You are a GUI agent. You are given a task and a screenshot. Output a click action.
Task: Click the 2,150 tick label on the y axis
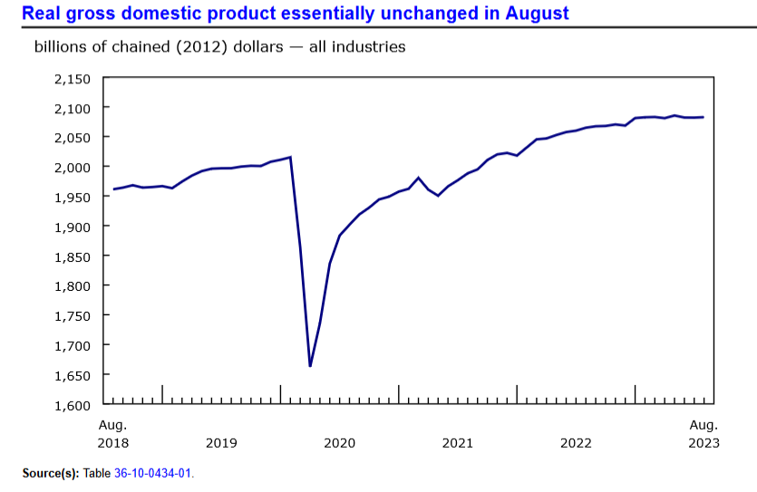coord(73,79)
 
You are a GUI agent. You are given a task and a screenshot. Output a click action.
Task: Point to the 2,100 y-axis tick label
coord(73,108)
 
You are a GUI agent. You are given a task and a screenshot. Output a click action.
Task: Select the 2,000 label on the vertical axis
coord(73,168)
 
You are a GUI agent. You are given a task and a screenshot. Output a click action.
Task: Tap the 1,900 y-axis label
coord(73,227)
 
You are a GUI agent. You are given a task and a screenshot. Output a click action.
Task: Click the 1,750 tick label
coord(73,315)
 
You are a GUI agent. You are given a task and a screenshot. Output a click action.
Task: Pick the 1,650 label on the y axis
coord(73,375)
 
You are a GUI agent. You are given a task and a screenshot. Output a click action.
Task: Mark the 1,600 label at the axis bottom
coord(73,404)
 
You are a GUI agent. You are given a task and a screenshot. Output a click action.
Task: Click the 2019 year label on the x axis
coord(222,443)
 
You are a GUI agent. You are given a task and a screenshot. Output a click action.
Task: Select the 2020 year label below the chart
coord(340,443)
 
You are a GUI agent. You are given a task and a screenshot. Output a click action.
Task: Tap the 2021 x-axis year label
coord(458,443)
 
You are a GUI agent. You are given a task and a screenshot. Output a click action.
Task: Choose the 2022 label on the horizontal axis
coord(577,443)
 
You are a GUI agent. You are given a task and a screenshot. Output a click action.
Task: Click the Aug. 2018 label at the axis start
coord(112,434)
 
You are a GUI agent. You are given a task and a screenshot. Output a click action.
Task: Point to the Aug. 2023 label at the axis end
coord(704,434)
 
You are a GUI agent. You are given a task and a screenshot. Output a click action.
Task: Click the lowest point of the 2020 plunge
coord(310,366)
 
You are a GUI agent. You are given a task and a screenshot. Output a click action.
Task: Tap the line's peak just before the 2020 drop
coord(290,158)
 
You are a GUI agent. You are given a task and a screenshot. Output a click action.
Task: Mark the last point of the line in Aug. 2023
coord(704,117)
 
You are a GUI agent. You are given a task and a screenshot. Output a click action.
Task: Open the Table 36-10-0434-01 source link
coord(153,474)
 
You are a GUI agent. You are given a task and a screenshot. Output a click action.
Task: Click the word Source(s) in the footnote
coord(50,474)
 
